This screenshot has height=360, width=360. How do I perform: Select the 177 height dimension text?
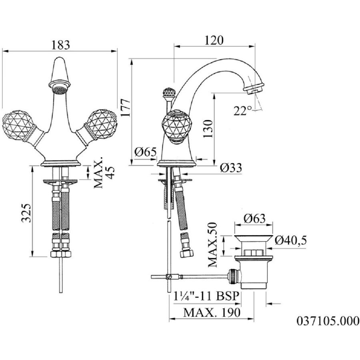[126, 108]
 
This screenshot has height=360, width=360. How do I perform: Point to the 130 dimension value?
[208, 128]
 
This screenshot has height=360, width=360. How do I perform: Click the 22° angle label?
[243, 111]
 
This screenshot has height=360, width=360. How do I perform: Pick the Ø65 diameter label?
[146, 152]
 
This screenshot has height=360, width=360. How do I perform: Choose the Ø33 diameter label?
[231, 168]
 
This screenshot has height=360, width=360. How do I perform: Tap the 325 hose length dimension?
[26, 213]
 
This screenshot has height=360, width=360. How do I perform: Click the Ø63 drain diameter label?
[255, 218]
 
